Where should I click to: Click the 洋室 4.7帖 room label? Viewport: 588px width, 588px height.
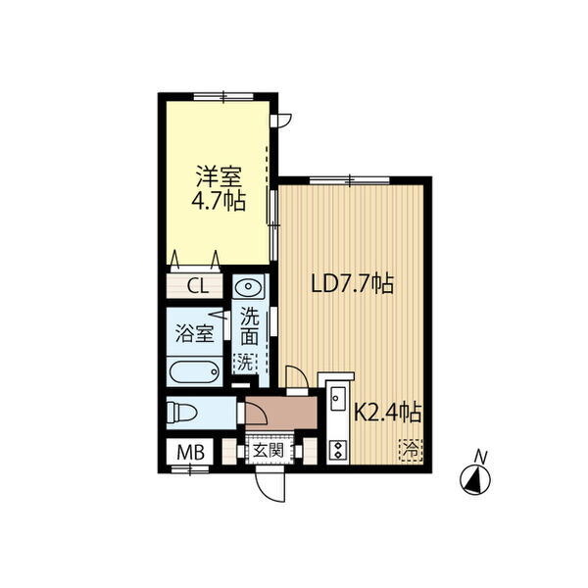(219, 188)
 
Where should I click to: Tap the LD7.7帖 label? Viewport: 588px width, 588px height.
(353, 284)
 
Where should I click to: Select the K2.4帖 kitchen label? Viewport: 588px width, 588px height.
(388, 413)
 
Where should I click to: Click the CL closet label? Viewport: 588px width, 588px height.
(198, 287)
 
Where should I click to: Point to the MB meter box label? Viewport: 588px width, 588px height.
(190, 452)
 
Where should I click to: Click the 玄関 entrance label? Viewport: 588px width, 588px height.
(268, 451)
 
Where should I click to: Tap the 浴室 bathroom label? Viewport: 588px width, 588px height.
(195, 332)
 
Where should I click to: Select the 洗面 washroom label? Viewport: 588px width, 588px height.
(249, 326)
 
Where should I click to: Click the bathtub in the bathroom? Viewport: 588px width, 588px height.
(194, 372)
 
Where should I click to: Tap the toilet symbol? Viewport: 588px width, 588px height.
(182, 413)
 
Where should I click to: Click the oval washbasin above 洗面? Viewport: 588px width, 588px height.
(248, 287)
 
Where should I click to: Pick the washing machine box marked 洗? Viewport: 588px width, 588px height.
(245, 364)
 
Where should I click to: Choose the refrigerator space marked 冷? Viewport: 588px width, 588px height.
(412, 450)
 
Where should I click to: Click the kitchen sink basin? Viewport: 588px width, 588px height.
(337, 398)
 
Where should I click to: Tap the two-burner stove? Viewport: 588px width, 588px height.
(338, 450)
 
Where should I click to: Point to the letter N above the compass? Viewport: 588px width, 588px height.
(480, 457)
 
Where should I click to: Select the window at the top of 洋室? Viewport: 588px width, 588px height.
(223, 96)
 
